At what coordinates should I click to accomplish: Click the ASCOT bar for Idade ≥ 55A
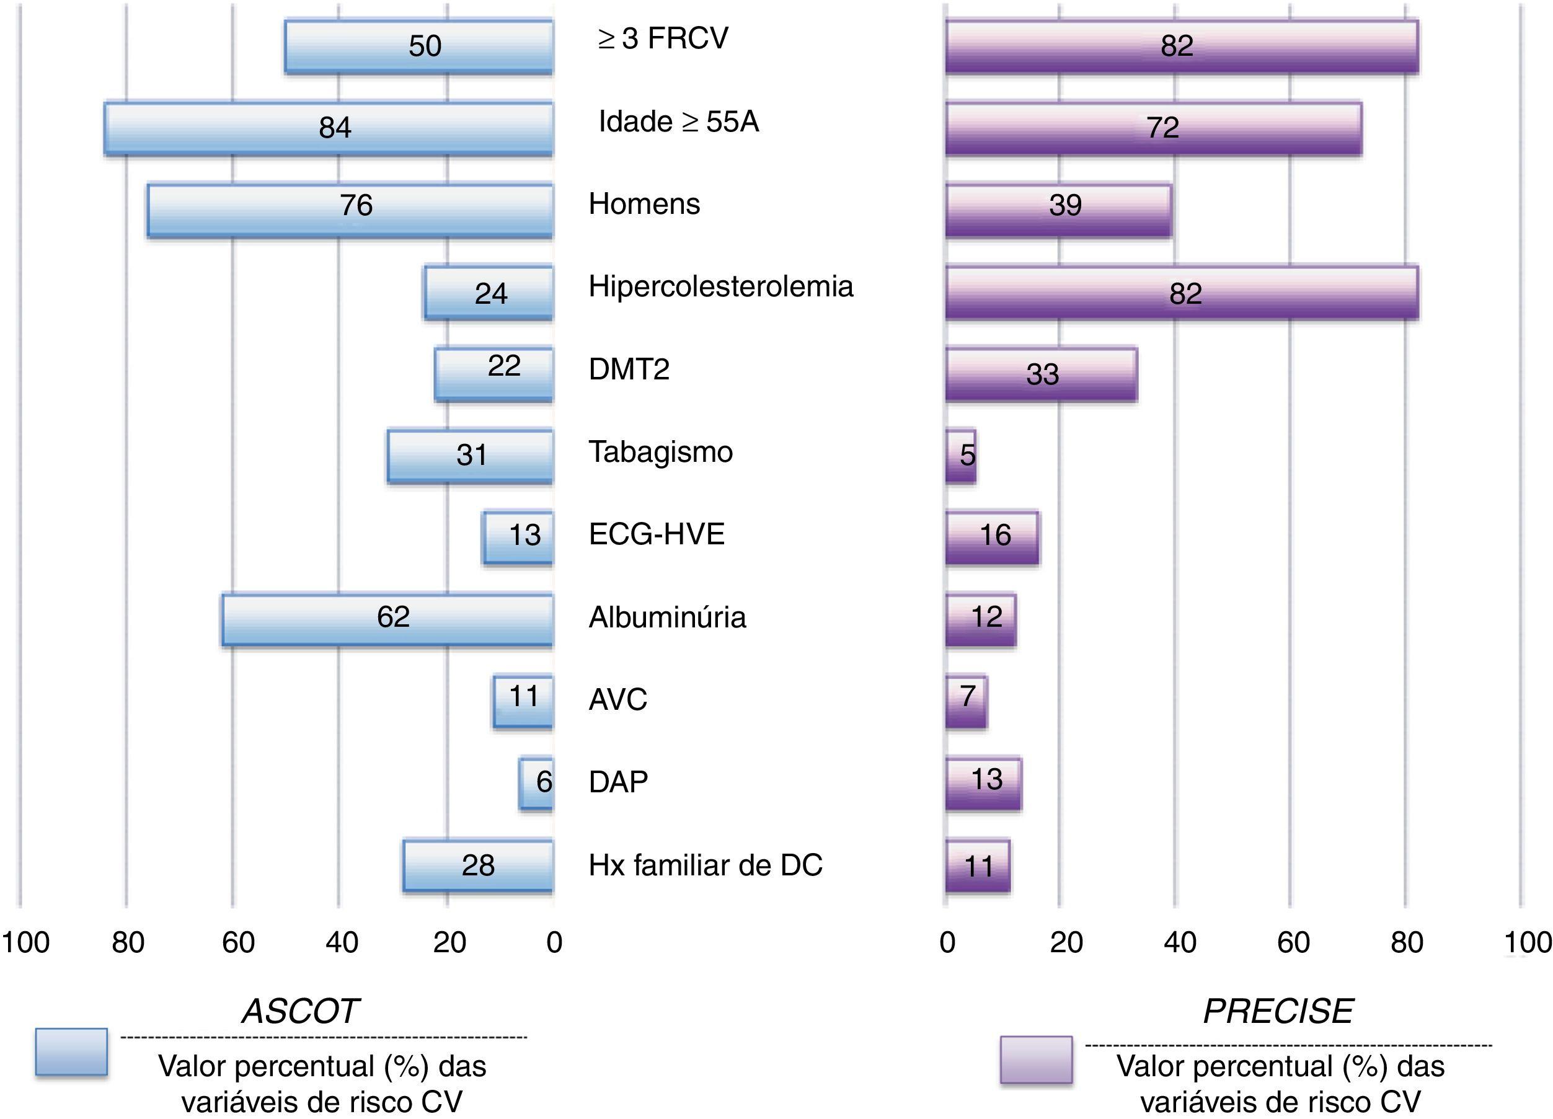coord(329,128)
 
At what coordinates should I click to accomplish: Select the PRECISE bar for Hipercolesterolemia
coord(1181,293)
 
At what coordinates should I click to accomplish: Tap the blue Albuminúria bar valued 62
coord(387,620)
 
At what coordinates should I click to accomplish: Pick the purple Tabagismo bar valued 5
coord(961,456)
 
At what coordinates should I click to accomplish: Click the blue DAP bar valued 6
coord(536,784)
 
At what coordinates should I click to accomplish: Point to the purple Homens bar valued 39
coord(1058,210)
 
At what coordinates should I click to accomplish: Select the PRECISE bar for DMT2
coord(1041,374)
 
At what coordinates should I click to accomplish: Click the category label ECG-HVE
coord(657,534)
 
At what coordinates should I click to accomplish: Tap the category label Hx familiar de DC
coord(706,865)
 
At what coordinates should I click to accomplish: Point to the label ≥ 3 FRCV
coord(663,38)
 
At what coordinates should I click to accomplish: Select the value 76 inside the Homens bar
coord(356,205)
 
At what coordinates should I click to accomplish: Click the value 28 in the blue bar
coord(478,865)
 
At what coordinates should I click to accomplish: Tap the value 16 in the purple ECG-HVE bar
coord(995,535)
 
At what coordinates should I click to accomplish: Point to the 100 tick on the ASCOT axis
coord(25,942)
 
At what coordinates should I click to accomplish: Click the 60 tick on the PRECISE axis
coord(1293,942)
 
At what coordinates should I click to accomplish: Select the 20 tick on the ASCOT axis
coord(450,942)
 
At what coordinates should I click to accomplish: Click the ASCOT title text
coord(301,1011)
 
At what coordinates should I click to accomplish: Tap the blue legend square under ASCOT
coord(71,1052)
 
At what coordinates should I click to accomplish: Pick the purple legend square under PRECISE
coord(1035,1059)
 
